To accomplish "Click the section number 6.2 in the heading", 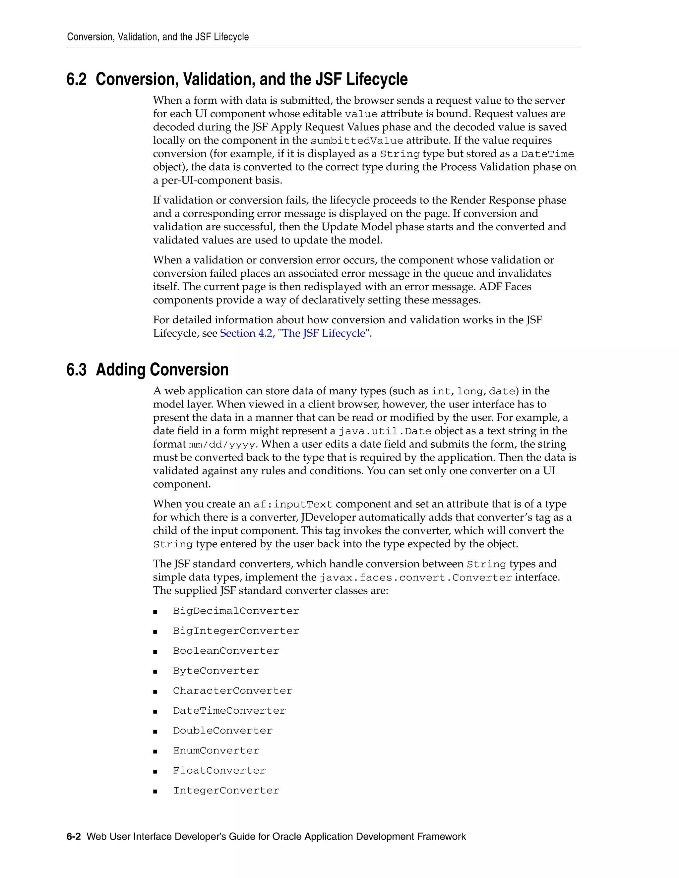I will [x=77, y=79].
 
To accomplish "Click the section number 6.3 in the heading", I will [x=77, y=370].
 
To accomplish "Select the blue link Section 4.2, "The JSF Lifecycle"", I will [x=294, y=333].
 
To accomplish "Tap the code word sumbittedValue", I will [x=356, y=141].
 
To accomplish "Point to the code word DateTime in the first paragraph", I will [x=547, y=154].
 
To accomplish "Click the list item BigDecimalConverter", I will [x=236, y=611].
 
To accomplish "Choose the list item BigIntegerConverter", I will [x=236, y=631].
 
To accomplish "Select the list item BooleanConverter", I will [x=226, y=651].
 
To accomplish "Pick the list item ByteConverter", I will [x=216, y=671].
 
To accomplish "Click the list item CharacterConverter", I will [x=232, y=691].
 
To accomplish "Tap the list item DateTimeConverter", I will [x=229, y=711].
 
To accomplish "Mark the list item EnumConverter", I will [x=216, y=750].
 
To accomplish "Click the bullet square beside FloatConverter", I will [x=155, y=771].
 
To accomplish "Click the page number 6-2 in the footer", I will [x=74, y=837].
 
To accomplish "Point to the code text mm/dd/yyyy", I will [x=222, y=445].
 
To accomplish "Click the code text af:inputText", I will [x=292, y=505].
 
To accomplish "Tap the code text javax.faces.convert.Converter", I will [x=415, y=578].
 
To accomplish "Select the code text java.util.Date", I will [x=385, y=431].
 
